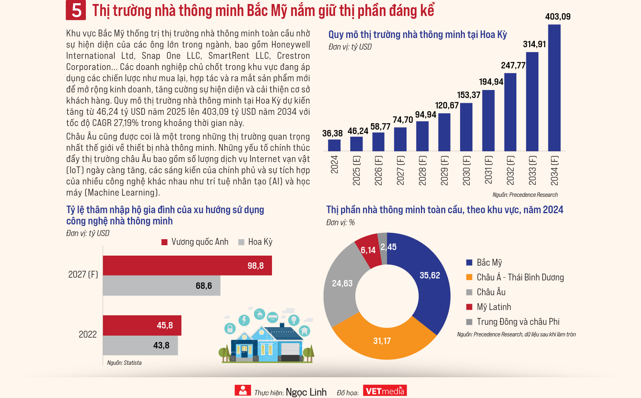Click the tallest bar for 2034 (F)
click(x=554, y=88)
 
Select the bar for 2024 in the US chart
click(x=334, y=145)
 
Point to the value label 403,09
click(x=558, y=17)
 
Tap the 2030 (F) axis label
click(x=466, y=170)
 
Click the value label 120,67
click(x=447, y=106)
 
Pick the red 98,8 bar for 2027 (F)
click(x=187, y=266)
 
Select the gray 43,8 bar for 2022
click(x=140, y=345)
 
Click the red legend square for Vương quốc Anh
click(x=164, y=242)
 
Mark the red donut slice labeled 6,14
click(x=368, y=250)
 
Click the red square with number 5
click(x=76, y=10)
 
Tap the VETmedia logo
click(x=385, y=391)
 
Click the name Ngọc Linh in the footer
click(x=306, y=392)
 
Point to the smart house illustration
click(x=266, y=336)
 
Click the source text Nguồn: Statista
click(x=124, y=363)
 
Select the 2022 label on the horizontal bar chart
click(x=87, y=334)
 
